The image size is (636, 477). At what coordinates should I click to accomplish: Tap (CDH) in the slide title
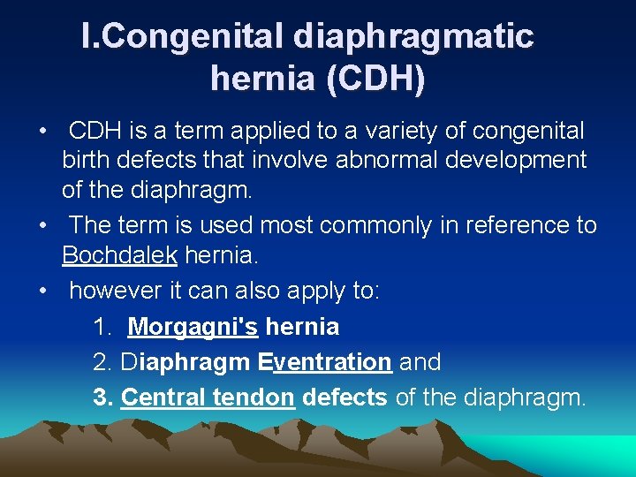click(375, 79)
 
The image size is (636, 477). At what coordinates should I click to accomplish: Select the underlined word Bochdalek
click(119, 257)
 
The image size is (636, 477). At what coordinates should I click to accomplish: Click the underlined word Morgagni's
click(193, 327)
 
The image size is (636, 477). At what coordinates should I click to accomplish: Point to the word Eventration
click(325, 362)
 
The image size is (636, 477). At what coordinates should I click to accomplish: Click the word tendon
click(254, 397)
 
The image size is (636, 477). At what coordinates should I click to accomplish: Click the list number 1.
click(102, 327)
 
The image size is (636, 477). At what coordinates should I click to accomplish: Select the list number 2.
click(101, 362)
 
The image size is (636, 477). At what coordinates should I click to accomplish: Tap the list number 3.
click(101, 397)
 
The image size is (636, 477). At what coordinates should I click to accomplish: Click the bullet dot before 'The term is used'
click(43, 226)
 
